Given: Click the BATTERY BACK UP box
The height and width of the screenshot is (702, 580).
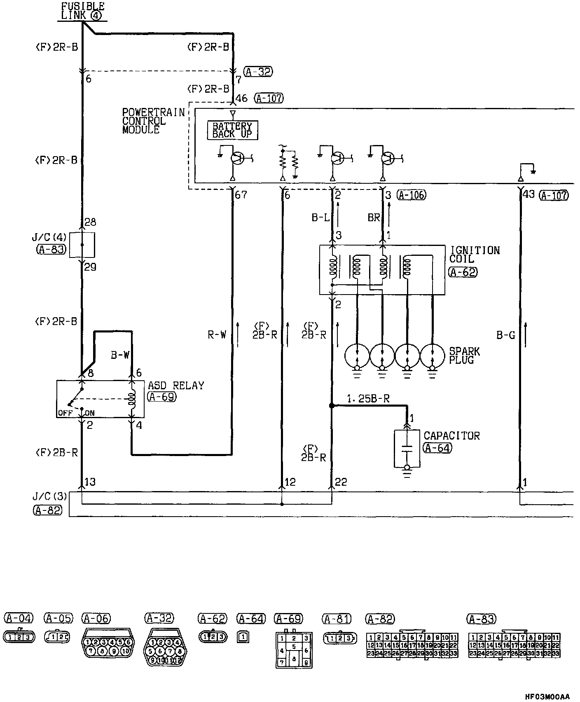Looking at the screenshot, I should point(232,130).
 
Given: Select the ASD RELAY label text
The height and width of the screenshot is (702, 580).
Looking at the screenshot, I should point(176,386).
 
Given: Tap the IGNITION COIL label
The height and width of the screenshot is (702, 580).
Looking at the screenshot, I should point(475,255).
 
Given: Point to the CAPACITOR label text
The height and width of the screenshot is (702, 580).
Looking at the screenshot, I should point(451,436).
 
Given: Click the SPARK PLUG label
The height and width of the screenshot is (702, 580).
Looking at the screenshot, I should point(464,356).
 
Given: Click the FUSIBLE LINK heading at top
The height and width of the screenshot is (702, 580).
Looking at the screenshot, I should point(82,11).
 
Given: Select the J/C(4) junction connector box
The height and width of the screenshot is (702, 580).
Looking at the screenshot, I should point(82,245).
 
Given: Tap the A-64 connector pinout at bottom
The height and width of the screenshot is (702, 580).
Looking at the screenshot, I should point(243,637).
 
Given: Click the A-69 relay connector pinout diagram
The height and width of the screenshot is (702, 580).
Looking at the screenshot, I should point(293,650).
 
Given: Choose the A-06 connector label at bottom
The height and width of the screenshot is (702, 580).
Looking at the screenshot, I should point(96,618).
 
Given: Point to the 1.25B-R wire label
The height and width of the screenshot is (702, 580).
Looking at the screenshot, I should point(368,398).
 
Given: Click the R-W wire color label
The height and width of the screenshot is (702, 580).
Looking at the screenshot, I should point(217,335).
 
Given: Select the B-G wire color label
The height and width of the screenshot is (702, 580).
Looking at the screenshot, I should point(505,335).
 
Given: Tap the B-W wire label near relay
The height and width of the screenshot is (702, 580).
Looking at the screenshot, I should point(120,355).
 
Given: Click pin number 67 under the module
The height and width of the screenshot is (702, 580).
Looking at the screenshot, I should point(241,195).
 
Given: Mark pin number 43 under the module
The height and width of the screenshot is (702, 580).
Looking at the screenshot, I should point(529,194).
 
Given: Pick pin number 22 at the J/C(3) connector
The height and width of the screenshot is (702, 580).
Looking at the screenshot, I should point(341,482).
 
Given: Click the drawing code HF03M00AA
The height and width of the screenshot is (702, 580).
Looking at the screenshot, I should point(547,697).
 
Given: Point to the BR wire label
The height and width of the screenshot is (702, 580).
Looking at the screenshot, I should point(374,217).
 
